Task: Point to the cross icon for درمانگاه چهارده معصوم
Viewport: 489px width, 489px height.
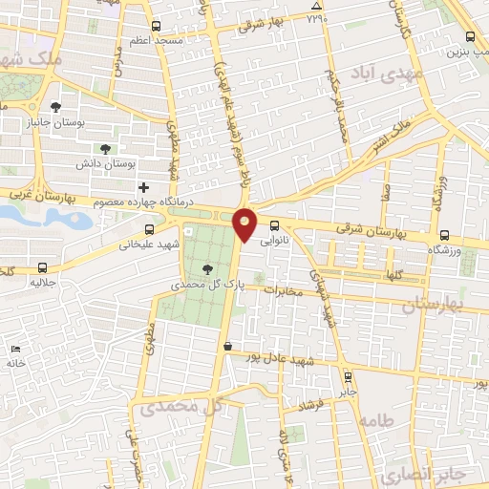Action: pyautogui.click(x=144, y=187)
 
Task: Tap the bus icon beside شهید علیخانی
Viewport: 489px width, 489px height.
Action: pyautogui.click(x=148, y=229)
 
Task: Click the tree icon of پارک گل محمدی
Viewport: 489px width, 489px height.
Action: pyautogui.click(x=209, y=268)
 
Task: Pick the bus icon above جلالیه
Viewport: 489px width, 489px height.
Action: pyautogui.click(x=40, y=267)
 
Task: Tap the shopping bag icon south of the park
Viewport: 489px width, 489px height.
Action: pyautogui.click(x=227, y=347)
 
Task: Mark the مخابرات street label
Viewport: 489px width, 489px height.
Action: pyautogui.click(x=283, y=291)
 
